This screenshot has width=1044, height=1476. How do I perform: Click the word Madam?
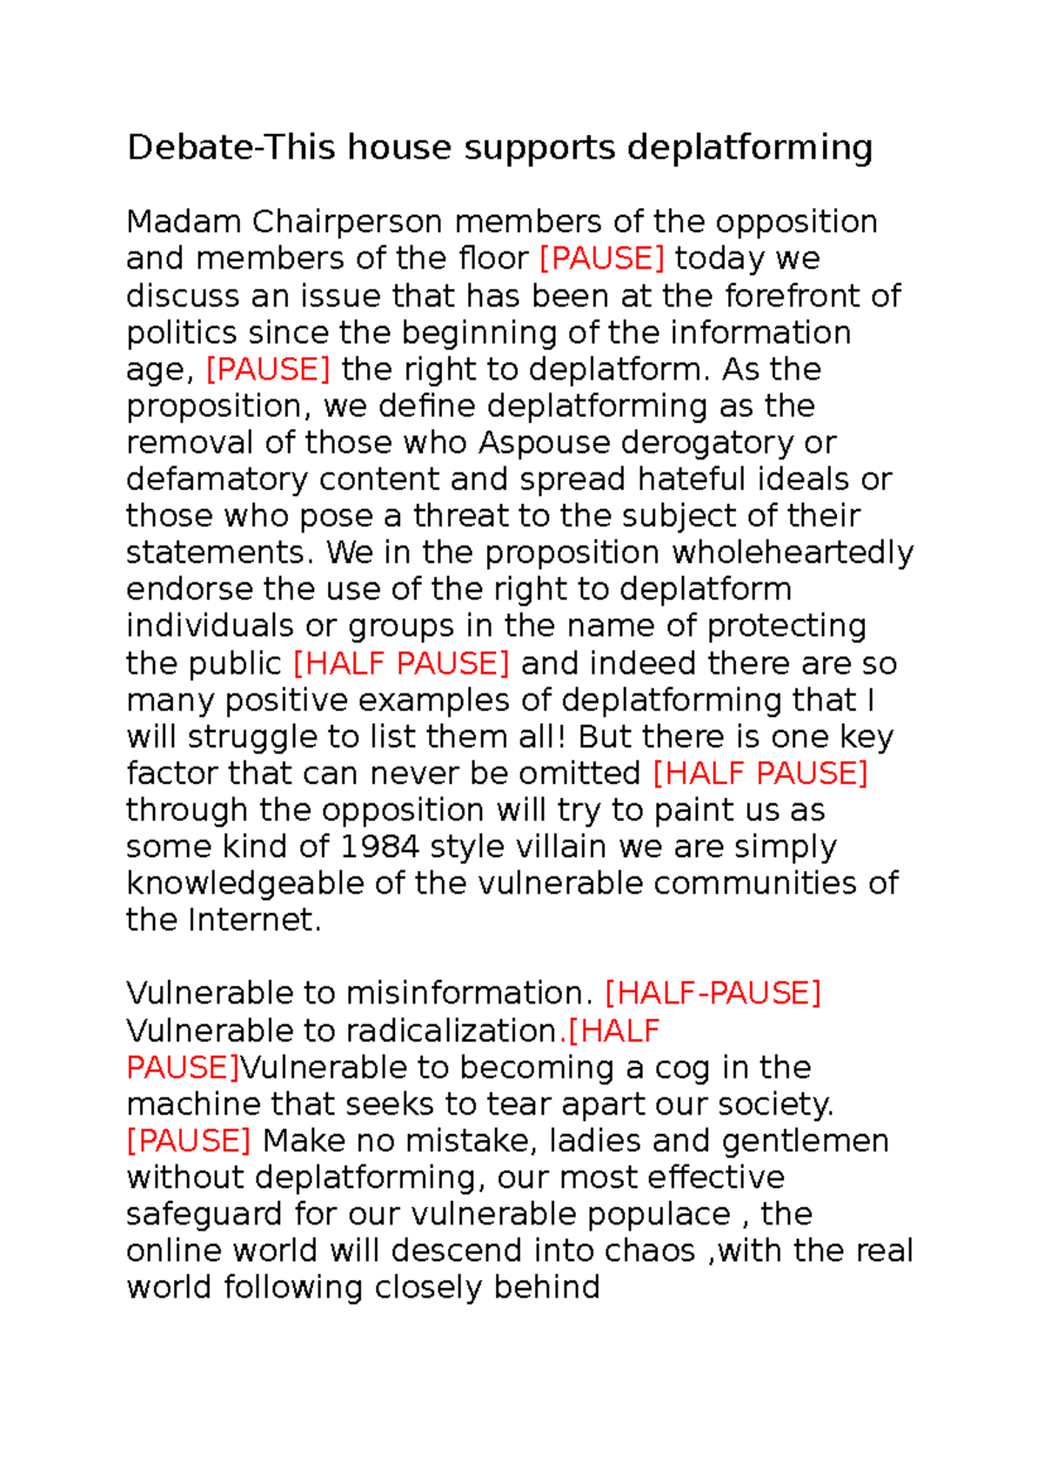pos(184,222)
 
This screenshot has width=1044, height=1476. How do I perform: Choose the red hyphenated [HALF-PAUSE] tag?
pos(713,993)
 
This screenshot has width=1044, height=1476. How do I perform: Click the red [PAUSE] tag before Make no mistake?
pos(189,1141)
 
